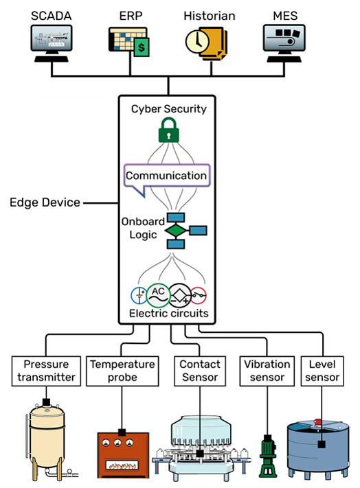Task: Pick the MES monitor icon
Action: (284, 42)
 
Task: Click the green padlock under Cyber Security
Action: (168, 130)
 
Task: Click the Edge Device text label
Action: (45, 202)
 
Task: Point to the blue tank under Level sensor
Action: (322, 449)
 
